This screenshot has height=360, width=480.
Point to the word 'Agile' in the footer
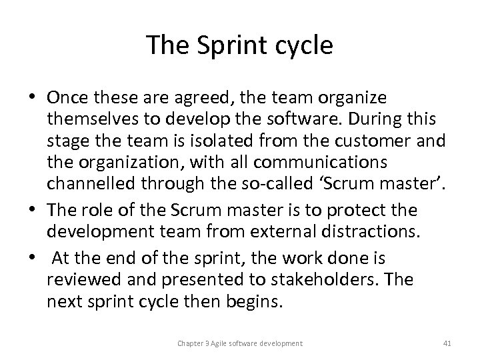pyautogui.click(x=219, y=343)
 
